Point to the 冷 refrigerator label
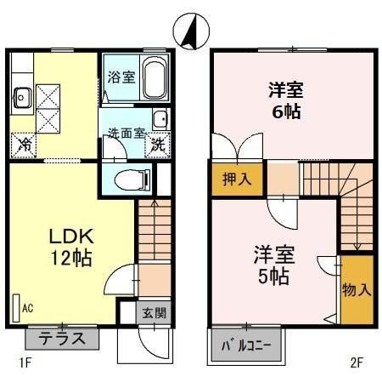click(25, 145)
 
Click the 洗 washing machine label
click(158, 145)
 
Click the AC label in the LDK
click(27, 308)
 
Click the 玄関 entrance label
click(154, 312)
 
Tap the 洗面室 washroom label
click(125, 133)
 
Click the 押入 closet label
click(237, 180)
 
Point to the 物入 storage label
click(357, 289)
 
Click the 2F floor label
click(357, 363)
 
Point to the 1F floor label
click(25, 363)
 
